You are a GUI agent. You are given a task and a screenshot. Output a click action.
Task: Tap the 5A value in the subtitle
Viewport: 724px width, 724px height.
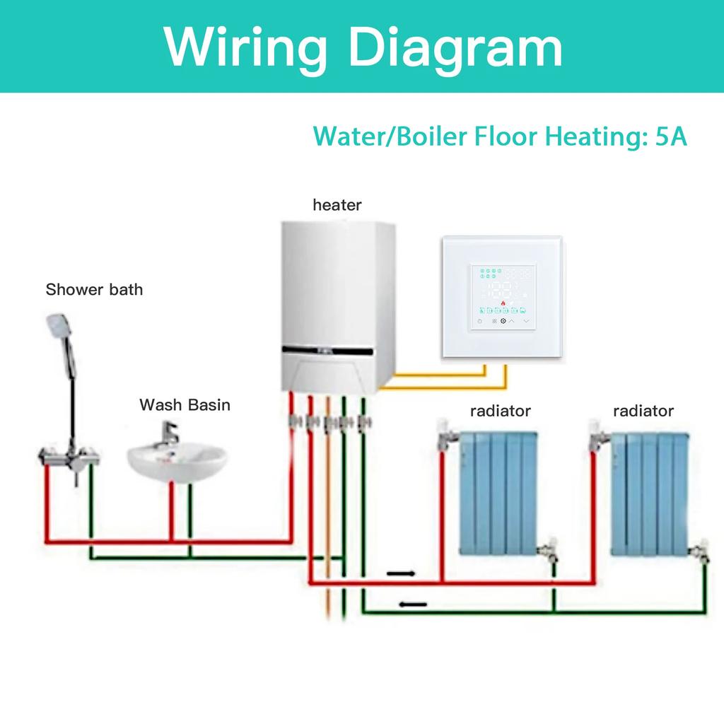(671, 136)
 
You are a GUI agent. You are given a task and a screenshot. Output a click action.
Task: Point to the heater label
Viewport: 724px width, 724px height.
(337, 205)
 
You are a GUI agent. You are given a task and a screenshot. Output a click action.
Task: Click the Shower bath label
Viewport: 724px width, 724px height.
(94, 289)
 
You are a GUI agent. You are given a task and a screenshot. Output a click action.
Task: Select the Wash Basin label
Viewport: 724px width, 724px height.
(185, 405)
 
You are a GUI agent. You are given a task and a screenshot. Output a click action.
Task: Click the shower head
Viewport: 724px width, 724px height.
(56, 327)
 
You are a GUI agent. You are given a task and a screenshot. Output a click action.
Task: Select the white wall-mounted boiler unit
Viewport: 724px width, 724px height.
(336, 304)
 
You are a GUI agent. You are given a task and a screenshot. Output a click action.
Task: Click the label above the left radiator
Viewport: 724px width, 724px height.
(501, 411)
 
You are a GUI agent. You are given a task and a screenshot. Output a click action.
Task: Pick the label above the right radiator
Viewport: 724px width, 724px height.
(643, 411)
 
